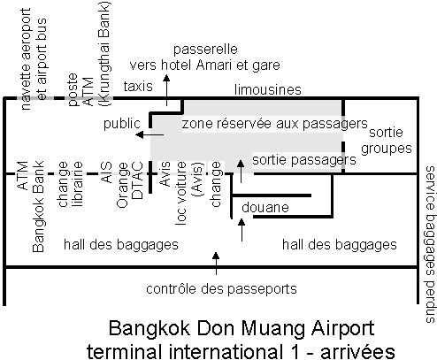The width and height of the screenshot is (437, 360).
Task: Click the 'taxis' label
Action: pyautogui.click(x=138, y=87)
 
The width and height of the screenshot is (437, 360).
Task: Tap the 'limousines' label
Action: pyautogui.click(x=268, y=89)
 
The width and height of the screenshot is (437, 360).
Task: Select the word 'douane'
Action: pyautogui.click(x=265, y=208)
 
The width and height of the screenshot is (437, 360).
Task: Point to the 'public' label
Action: pyautogui.click(x=121, y=124)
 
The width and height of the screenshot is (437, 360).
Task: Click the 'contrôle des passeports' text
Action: pyautogui.click(x=221, y=289)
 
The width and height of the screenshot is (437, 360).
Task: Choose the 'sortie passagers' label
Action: pyautogui.click(x=304, y=160)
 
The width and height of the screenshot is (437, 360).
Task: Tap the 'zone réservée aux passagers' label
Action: pyautogui.click(x=274, y=124)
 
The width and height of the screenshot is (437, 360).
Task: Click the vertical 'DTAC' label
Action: pyautogui.click(x=137, y=180)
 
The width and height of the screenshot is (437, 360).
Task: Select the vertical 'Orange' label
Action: pyautogui.click(x=123, y=185)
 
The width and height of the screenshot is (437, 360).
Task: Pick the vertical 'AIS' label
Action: pyautogui.click(x=106, y=172)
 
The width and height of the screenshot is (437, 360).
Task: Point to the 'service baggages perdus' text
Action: pyautogui.click(x=430, y=244)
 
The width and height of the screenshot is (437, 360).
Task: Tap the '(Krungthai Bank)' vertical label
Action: pyautogui.click(x=105, y=54)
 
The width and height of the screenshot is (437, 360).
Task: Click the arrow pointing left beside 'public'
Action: pyautogui.click(x=149, y=134)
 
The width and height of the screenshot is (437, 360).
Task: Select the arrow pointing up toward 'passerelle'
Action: pyautogui.click(x=166, y=90)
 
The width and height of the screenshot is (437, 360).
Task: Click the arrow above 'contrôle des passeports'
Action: pyautogui.click(x=216, y=264)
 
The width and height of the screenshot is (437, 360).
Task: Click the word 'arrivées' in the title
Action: pyautogui.click(x=357, y=351)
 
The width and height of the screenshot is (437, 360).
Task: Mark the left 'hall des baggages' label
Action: pyautogui.click(x=121, y=245)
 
